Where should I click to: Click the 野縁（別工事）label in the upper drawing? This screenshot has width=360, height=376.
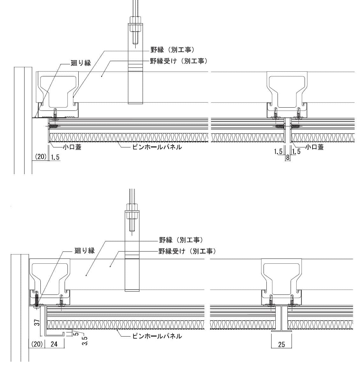coord(172,50)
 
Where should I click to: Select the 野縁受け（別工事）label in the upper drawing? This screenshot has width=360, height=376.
coord(179,61)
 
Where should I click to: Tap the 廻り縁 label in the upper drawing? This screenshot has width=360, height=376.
coord(81,63)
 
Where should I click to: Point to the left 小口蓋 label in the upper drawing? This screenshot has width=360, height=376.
coord(72,147)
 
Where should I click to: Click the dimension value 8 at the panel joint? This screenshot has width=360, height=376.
coord(287,157)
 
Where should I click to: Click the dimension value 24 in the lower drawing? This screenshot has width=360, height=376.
coord(54,344)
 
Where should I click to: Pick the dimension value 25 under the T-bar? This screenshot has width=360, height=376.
coord(281,344)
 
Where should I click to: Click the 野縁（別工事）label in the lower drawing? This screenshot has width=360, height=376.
coord(180,240)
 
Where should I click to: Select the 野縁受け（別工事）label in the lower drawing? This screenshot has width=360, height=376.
coord(187,251)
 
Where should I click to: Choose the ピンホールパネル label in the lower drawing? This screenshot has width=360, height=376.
coord(157,336)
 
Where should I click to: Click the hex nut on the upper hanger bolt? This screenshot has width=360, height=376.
coord(135,27)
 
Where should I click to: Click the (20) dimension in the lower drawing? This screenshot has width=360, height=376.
coord(36,344)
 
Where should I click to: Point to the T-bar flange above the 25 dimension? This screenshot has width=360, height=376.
coord(281,331)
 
